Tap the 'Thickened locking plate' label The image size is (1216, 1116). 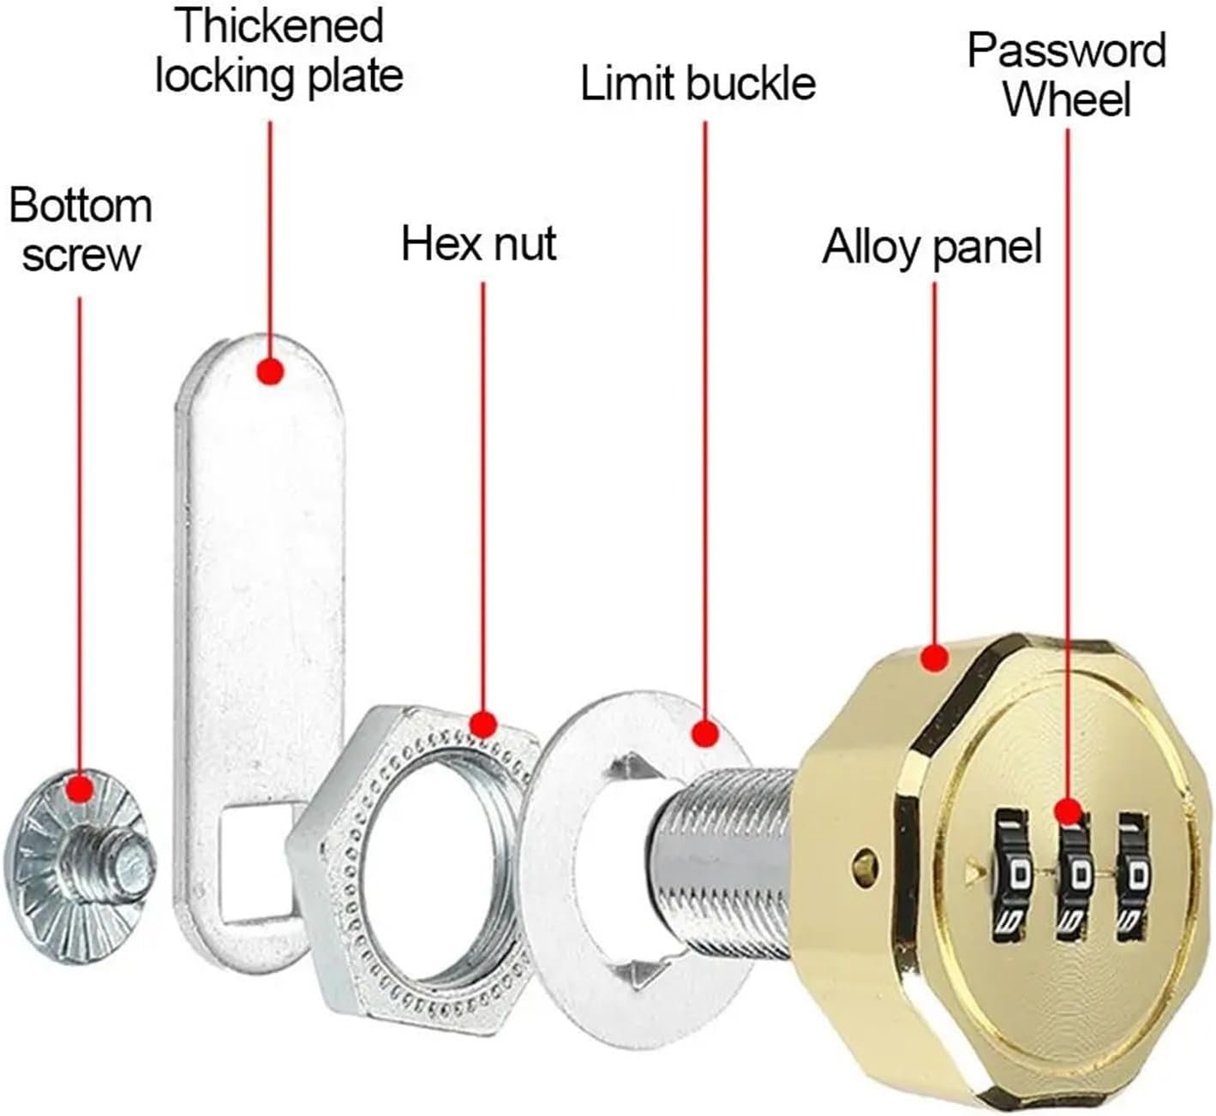click(x=279, y=51)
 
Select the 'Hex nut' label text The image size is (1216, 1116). click(x=479, y=243)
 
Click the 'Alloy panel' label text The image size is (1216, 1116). click(x=931, y=248)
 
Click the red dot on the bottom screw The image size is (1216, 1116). click(x=80, y=790)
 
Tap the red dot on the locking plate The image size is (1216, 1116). click(x=270, y=371)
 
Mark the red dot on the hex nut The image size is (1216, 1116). click(x=483, y=724)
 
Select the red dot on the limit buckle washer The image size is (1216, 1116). click(x=705, y=734)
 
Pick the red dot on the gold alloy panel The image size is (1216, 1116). click(x=935, y=658)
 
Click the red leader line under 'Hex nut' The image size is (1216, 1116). click(x=483, y=497)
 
